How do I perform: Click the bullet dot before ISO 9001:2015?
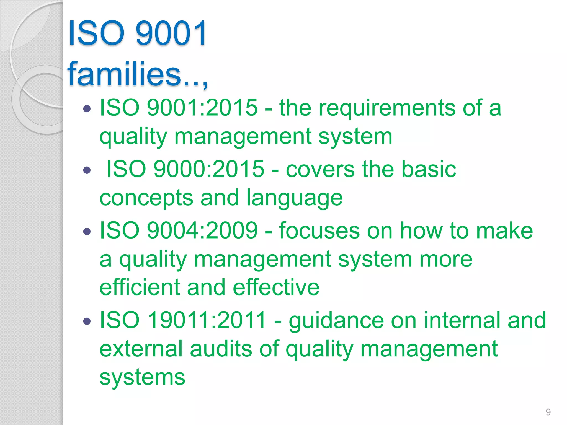click(x=87, y=108)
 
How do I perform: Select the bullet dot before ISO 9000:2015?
click(x=87, y=170)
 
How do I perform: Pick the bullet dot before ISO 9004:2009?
click(x=87, y=231)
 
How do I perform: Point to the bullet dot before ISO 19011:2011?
click(x=87, y=321)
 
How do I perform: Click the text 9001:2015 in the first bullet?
click(x=202, y=108)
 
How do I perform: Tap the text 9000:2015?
click(x=209, y=169)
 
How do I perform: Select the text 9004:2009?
click(x=202, y=230)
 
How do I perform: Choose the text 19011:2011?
click(x=207, y=320)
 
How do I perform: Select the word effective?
click(x=276, y=287)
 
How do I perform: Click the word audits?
click(x=221, y=349)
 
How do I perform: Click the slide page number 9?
click(x=548, y=412)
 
